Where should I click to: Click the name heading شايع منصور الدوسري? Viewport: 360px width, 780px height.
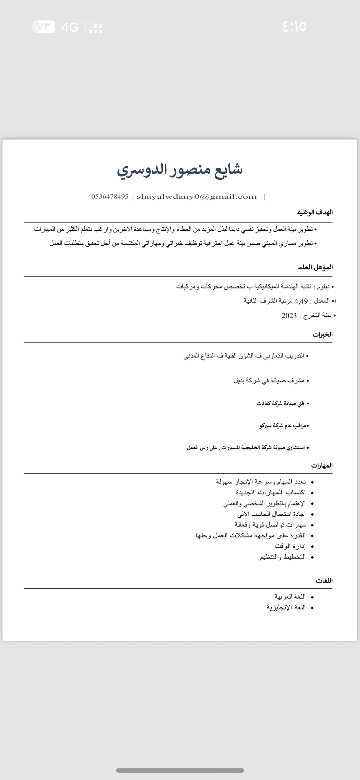click(180, 170)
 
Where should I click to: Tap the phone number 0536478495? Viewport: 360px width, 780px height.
click(110, 197)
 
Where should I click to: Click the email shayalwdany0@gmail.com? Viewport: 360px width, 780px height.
click(197, 197)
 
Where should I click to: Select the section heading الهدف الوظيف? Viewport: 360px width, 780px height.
click(315, 212)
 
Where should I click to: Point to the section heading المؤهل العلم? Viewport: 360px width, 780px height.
click(315, 267)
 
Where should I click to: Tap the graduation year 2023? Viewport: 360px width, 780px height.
click(289, 316)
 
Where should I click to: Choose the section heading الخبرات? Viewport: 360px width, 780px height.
click(322, 334)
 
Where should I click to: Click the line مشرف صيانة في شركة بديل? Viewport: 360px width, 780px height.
click(269, 381)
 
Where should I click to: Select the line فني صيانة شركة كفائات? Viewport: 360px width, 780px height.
click(280, 404)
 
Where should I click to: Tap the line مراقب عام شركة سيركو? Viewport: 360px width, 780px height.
click(283, 426)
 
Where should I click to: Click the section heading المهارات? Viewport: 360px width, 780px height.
click(322, 466)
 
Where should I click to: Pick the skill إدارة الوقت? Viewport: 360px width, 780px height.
click(290, 546)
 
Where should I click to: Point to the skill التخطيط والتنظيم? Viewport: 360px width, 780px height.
click(283, 557)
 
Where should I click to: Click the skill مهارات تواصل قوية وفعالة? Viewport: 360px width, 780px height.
click(270, 525)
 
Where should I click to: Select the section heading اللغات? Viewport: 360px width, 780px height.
click(324, 581)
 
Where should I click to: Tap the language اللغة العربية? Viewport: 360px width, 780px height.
click(290, 597)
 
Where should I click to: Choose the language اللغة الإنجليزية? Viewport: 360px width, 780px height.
click(286, 607)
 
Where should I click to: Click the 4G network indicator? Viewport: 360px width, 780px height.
click(70, 28)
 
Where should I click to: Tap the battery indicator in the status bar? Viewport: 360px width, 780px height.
click(43, 27)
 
